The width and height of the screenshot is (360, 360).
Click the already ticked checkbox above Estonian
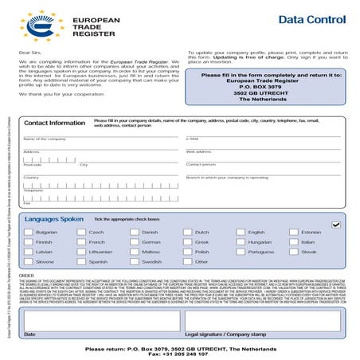click(x=335, y=225)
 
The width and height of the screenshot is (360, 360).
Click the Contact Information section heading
click(x=54, y=123)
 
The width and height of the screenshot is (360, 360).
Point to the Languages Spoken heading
click(x=53, y=217)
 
